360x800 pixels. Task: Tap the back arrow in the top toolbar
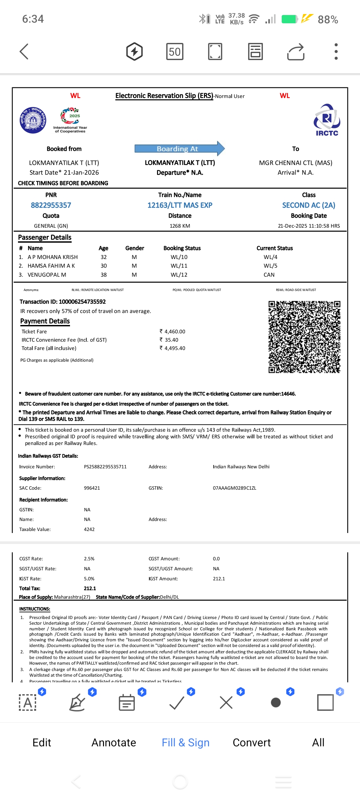point(24,52)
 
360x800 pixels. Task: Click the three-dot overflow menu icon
point(336,52)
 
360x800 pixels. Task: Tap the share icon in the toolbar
point(296,52)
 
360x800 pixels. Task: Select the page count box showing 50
point(175,52)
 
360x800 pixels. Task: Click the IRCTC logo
point(327,120)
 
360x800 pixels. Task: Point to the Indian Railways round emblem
point(33,120)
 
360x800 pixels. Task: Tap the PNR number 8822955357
point(51,205)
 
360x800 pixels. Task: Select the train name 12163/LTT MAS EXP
point(180,205)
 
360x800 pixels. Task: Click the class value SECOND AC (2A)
point(309,205)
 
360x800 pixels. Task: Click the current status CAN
point(269,275)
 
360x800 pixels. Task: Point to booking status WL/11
point(179,266)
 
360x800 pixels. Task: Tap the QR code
point(304,337)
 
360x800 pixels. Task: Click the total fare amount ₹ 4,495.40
point(172,348)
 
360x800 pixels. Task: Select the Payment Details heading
point(45,321)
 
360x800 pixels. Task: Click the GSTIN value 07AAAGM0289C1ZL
point(234,488)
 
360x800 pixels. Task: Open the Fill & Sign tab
point(185,742)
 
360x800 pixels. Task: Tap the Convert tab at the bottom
point(252,742)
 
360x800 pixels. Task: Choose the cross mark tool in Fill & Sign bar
point(226,703)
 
